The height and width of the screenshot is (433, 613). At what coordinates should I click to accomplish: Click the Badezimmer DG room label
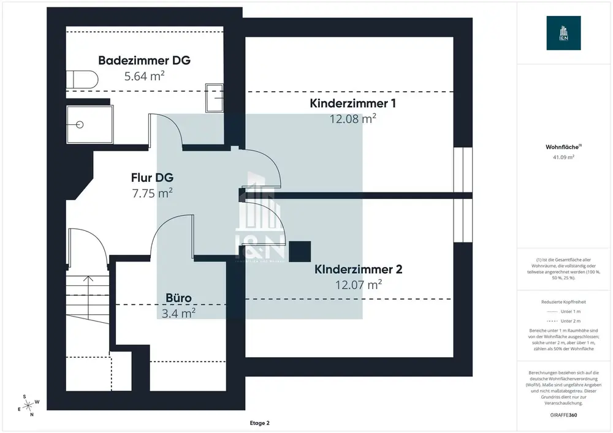coord(145,61)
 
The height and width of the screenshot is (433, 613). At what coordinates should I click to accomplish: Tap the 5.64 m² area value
coord(145,77)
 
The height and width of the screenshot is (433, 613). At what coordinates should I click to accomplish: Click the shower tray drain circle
coord(80,124)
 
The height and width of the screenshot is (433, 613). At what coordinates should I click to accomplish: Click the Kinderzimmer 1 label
coord(352,104)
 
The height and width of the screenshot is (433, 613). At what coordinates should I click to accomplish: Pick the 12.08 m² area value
coord(352,119)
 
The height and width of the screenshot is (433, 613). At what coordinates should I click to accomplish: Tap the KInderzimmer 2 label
coord(358,269)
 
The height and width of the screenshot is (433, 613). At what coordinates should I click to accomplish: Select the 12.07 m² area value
coord(359,284)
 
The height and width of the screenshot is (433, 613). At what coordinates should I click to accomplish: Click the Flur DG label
coord(152,178)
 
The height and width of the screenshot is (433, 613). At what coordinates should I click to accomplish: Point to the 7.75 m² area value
coord(152,193)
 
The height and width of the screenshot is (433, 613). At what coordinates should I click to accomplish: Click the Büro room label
coord(179,298)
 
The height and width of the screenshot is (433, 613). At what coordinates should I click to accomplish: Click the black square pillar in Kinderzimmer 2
coord(300,250)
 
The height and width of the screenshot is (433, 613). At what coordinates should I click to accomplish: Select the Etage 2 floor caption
coord(259,423)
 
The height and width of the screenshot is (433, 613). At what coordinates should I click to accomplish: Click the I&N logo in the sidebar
coord(564,32)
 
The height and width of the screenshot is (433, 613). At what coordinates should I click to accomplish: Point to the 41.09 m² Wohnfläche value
coord(563,157)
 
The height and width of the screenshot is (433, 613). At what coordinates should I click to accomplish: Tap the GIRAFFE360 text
coord(563,415)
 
